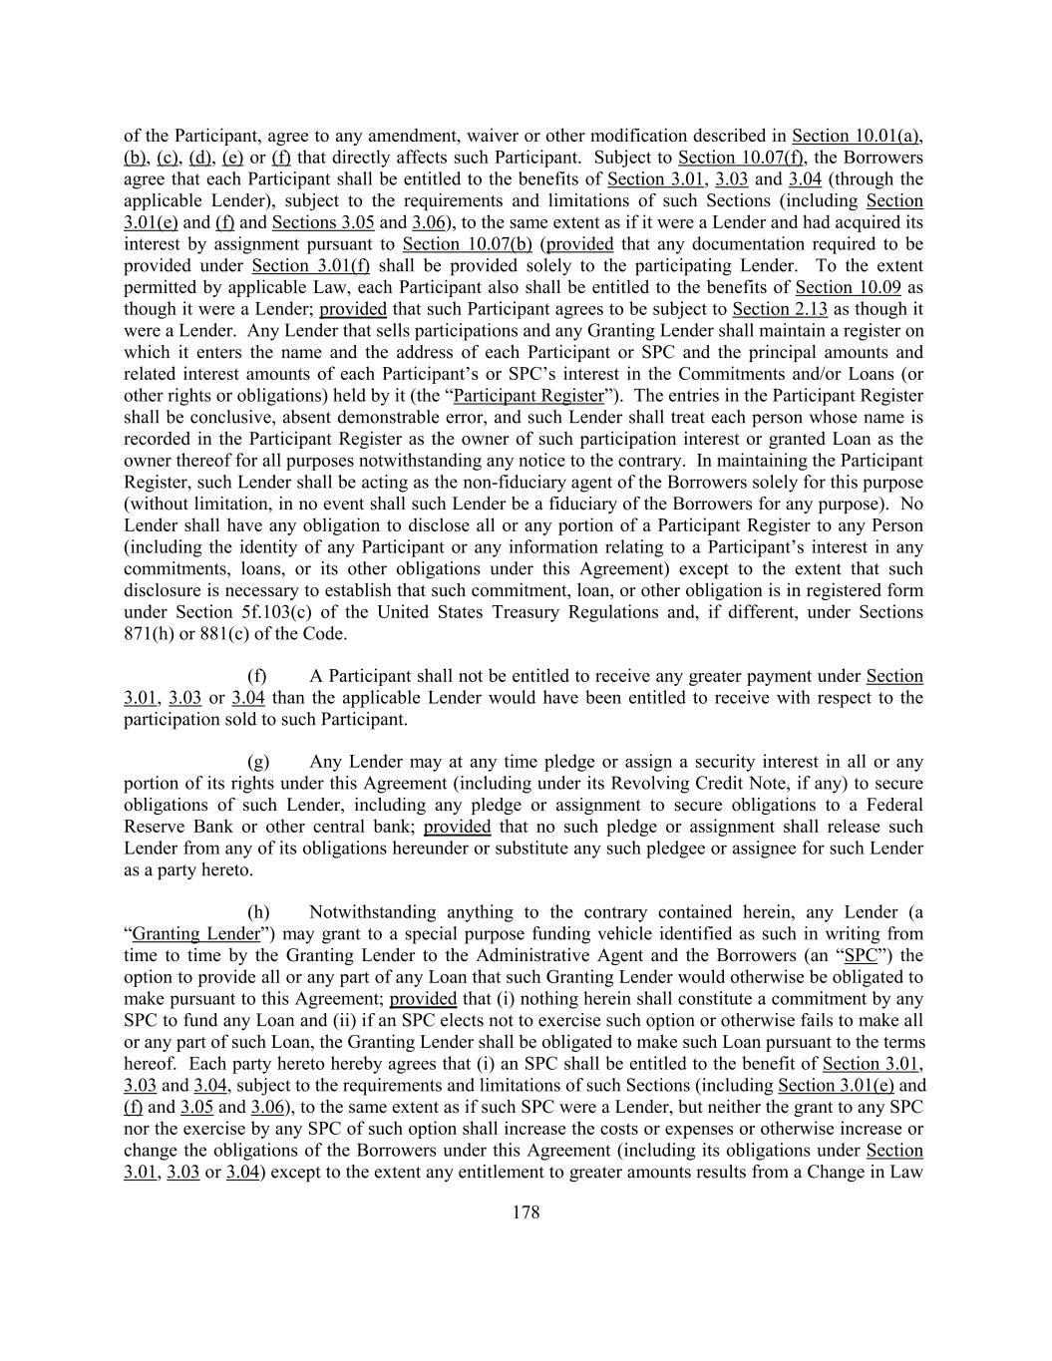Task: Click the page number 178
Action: tap(526, 1212)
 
